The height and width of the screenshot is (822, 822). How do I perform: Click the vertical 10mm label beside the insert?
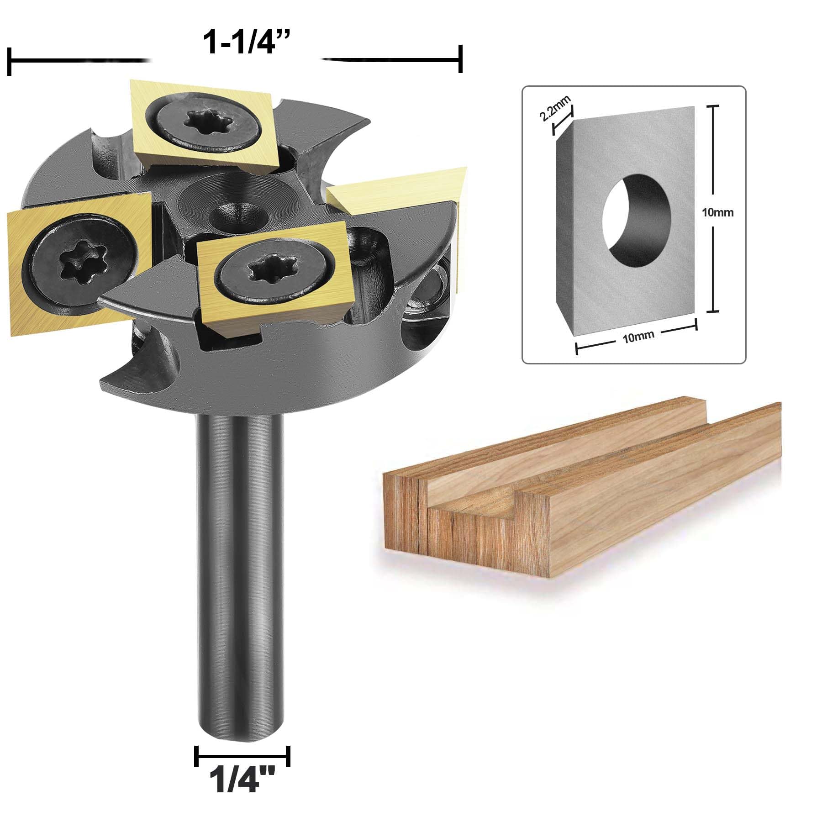point(718,212)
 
